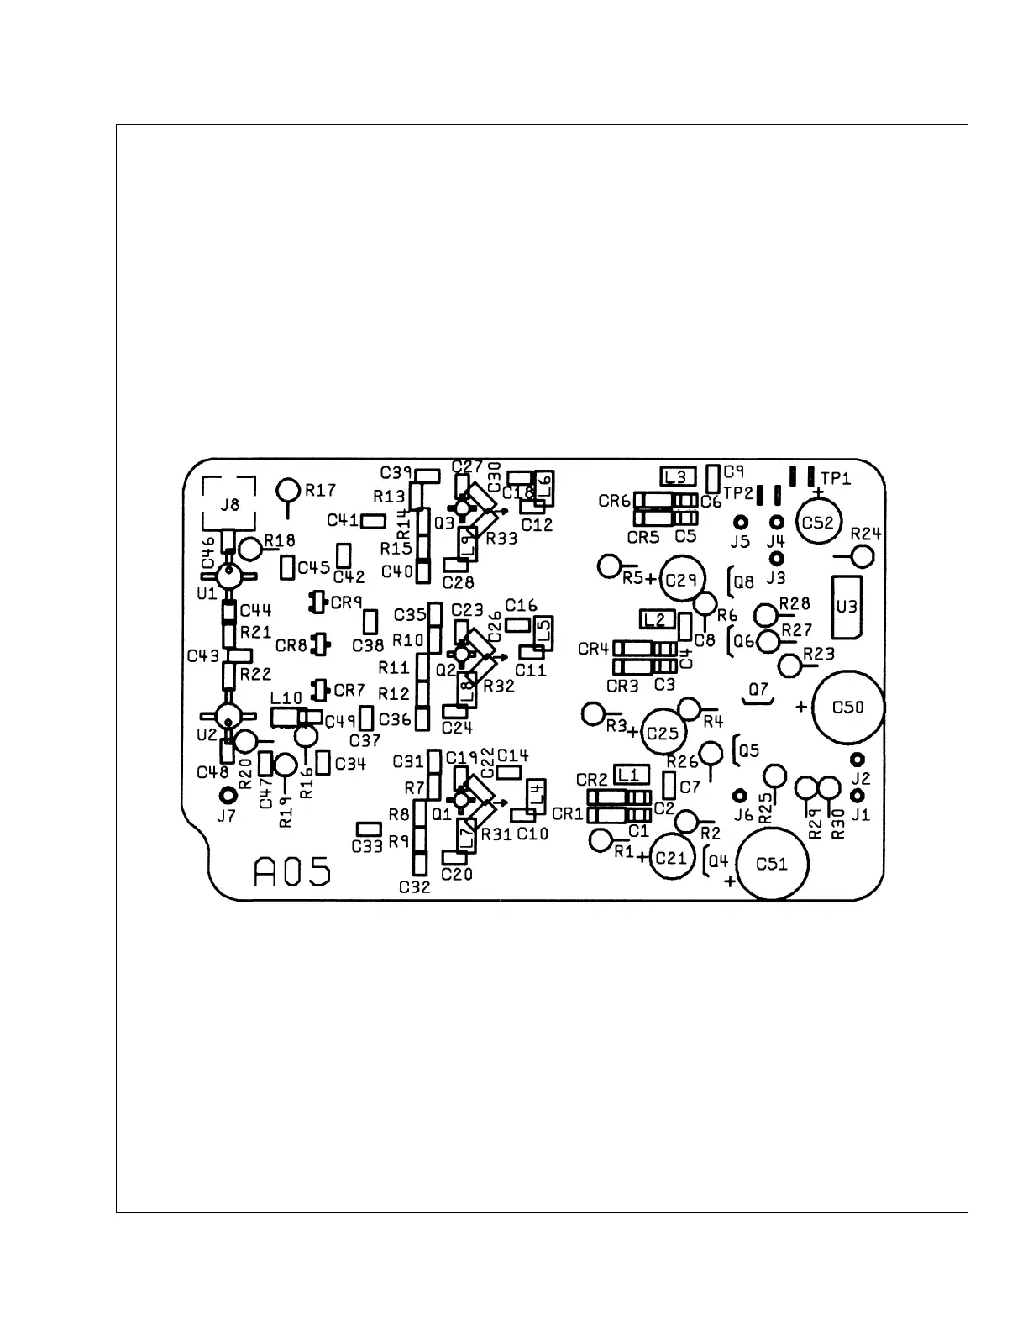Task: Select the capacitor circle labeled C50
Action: (x=847, y=708)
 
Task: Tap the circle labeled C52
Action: (x=817, y=523)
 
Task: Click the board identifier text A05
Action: (x=292, y=872)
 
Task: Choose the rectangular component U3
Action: (x=847, y=606)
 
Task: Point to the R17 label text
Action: (x=320, y=490)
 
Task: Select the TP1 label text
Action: (x=836, y=478)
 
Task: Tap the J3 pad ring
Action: (x=777, y=558)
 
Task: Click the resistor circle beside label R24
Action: (x=863, y=555)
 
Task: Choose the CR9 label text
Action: (x=346, y=602)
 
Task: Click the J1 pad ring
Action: (x=858, y=795)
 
